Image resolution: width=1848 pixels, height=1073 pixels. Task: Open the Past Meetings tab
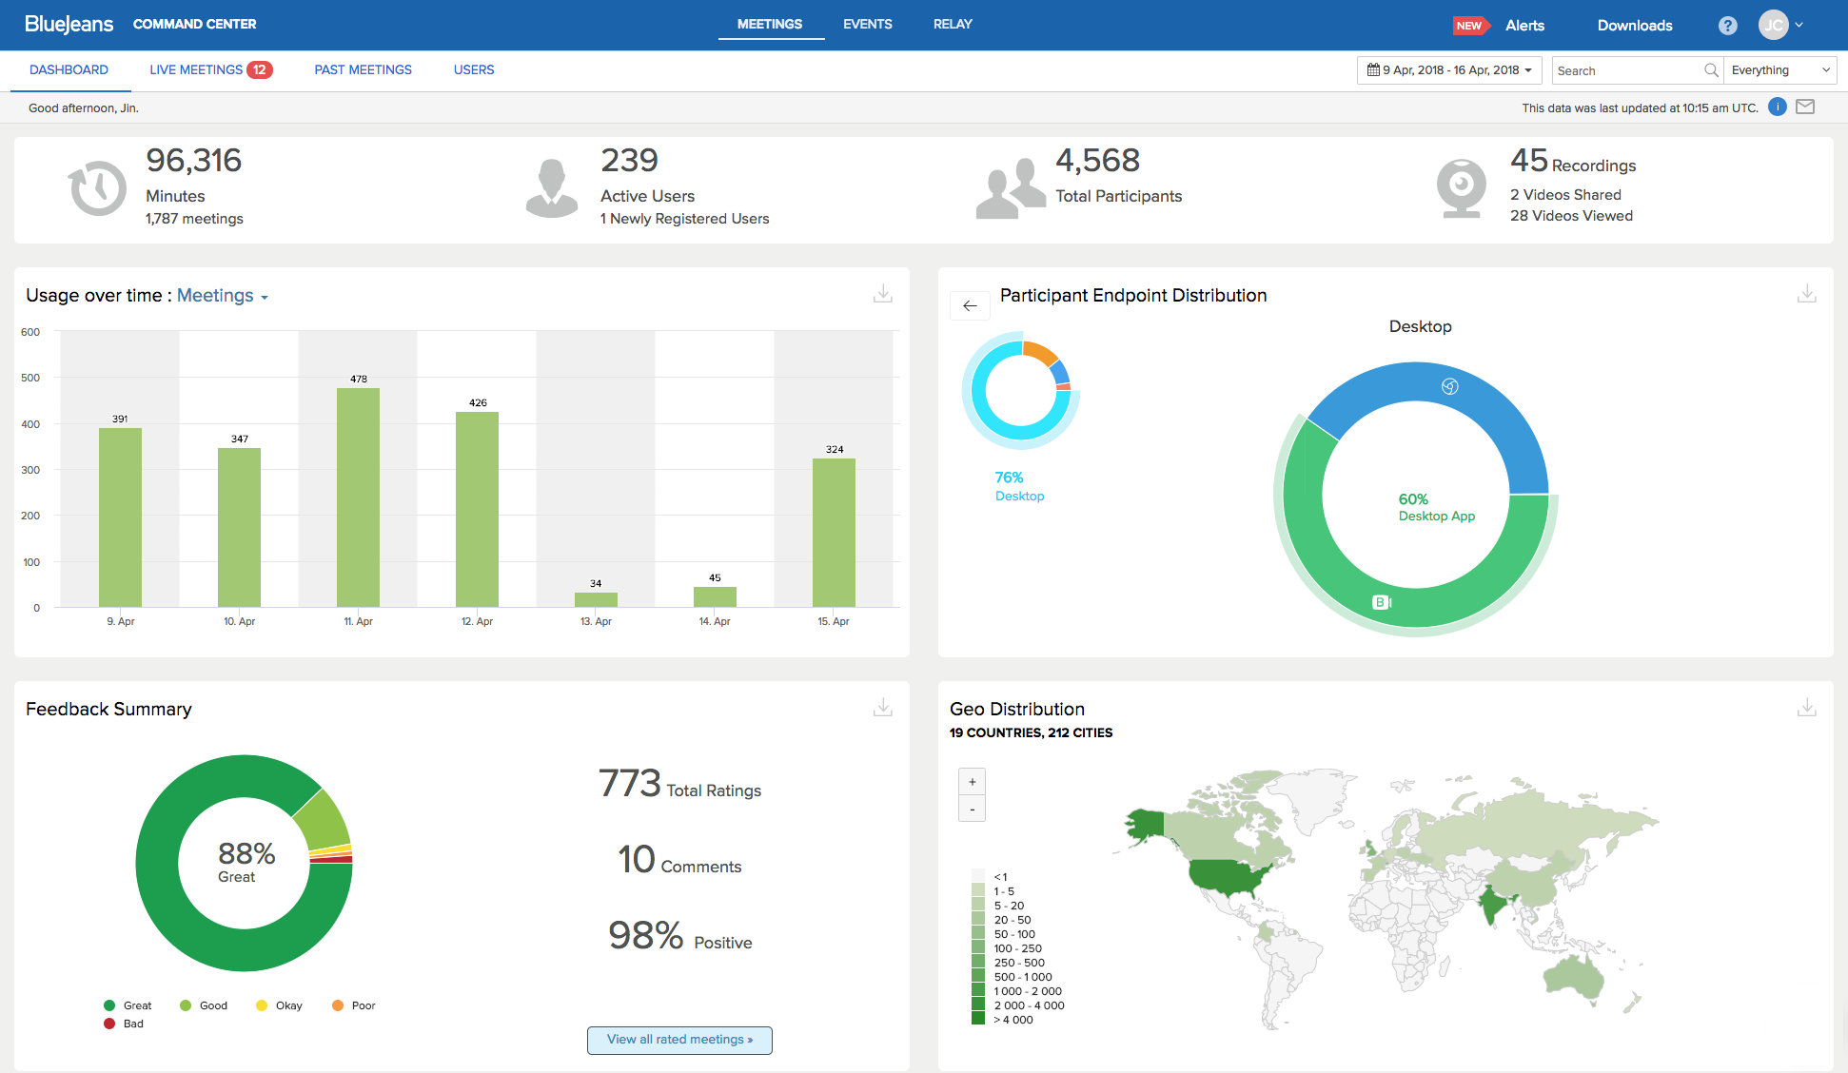pos(363,69)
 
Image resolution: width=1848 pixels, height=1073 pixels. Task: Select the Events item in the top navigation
pos(867,24)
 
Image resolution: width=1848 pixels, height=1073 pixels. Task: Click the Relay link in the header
pos(953,24)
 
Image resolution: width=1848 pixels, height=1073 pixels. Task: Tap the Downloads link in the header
pos(1634,26)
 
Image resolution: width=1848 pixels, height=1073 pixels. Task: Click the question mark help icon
pos(1727,26)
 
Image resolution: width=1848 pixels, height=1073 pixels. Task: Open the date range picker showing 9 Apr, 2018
pos(1448,70)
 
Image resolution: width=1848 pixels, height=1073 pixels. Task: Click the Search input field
pos(1627,70)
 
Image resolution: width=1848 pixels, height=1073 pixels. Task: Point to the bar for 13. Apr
pos(596,599)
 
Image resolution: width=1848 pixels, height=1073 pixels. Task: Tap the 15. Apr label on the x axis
pos(834,621)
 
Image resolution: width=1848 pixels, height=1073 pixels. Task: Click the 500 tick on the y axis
pos(30,378)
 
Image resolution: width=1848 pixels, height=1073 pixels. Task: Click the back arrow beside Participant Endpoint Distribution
pos(970,305)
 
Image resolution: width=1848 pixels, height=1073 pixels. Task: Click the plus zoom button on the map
pos(972,782)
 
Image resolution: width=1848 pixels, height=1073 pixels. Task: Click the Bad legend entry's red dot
pos(109,1024)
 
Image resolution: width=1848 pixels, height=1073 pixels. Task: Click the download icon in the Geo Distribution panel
pos(1806,708)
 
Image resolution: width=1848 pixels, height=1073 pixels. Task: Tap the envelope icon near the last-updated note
pos(1804,107)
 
